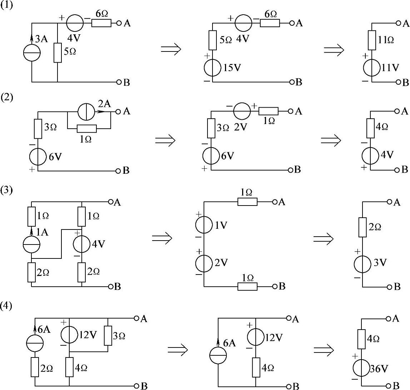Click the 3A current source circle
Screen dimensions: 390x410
click(x=32, y=53)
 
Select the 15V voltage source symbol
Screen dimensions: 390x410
click(x=212, y=68)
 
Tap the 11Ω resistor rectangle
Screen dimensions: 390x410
click(x=372, y=40)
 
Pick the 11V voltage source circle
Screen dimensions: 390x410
click(x=371, y=68)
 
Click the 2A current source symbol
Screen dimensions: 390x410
click(x=86, y=112)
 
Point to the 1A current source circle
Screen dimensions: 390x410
click(x=31, y=245)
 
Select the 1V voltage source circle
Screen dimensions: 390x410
click(x=204, y=225)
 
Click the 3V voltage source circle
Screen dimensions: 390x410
click(x=362, y=264)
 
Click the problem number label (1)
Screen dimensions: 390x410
click(x=7, y=7)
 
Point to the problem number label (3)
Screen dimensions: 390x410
click(x=7, y=190)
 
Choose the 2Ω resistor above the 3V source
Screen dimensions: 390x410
click(x=362, y=227)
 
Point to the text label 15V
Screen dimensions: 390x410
click(x=232, y=68)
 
